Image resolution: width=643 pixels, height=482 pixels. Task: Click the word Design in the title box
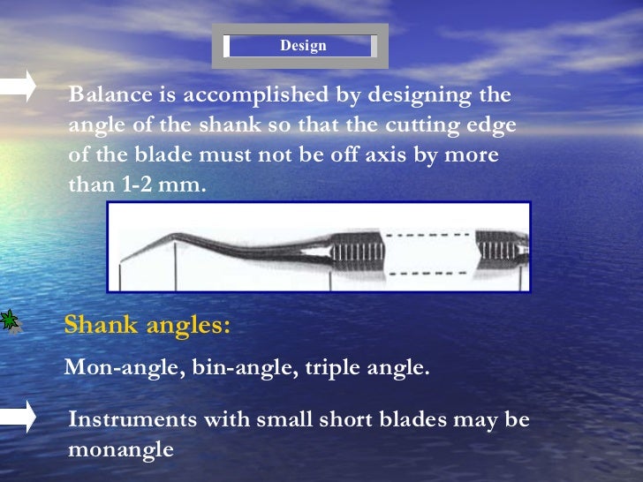pyautogui.click(x=303, y=46)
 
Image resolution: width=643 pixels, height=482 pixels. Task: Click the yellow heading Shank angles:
pyautogui.click(x=148, y=325)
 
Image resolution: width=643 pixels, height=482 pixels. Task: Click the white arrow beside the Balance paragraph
pyautogui.click(x=18, y=86)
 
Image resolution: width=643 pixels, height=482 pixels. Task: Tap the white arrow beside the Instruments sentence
pyautogui.click(x=18, y=416)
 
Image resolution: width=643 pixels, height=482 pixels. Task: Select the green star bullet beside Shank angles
pyautogui.click(x=10, y=321)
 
